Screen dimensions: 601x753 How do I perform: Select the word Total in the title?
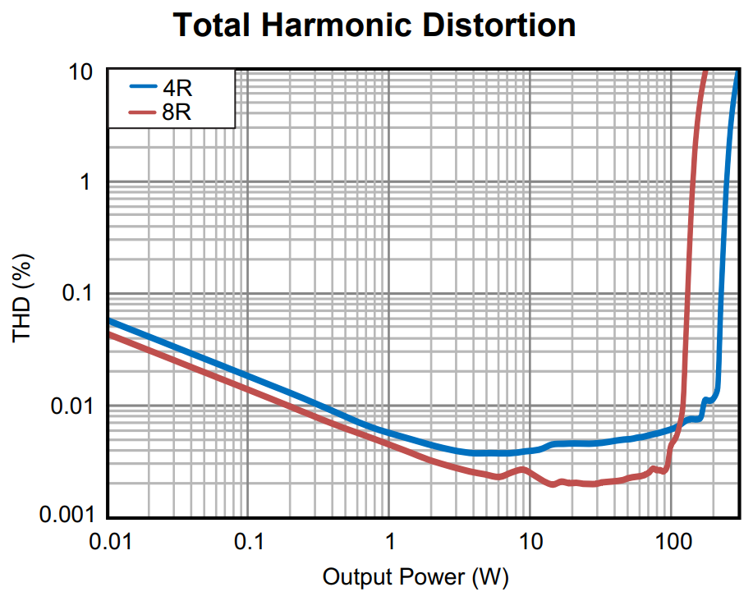point(214,25)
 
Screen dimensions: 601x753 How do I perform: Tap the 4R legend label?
point(177,87)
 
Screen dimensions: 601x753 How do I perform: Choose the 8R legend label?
point(177,112)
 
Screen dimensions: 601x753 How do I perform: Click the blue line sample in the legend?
point(144,85)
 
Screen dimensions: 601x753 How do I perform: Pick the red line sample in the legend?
point(144,111)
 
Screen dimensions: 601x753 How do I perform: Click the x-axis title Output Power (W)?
point(416,577)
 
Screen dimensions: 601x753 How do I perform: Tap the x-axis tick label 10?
point(530,543)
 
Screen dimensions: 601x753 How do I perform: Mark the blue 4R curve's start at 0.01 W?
point(111,321)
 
